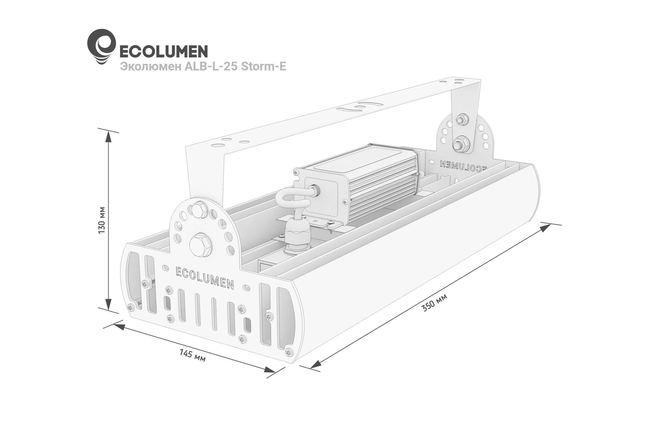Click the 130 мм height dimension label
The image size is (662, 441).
102,220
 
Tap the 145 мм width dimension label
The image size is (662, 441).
193,355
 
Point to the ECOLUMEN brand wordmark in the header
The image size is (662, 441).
164,51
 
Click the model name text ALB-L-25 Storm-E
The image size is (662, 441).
235,67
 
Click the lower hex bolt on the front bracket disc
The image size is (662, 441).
200,244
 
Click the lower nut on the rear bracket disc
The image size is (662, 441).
461,145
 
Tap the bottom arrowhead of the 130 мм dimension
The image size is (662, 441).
109,304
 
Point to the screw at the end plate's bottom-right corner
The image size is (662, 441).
289,352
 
